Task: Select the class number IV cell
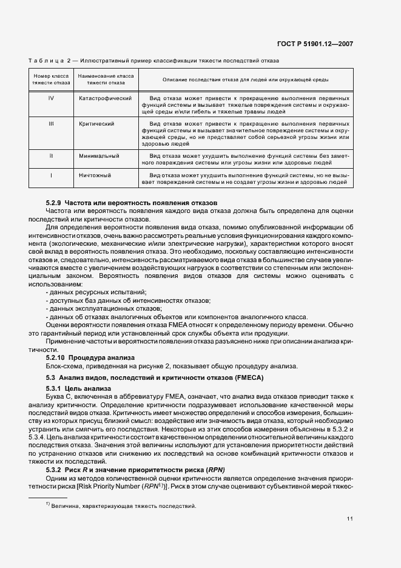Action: click(50, 98)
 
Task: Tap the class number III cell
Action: click(50, 123)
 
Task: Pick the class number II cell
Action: click(50, 155)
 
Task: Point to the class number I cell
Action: click(50, 175)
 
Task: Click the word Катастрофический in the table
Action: click(105, 98)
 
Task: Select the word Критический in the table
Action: click(96, 123)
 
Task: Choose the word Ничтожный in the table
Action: click(95, 175)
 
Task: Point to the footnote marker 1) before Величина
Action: click(47, 504)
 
